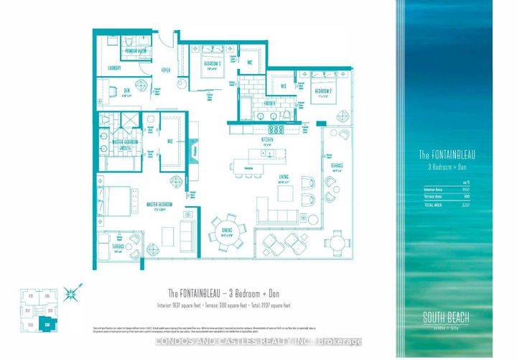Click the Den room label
(x=126, y=91)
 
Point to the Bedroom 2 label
(x=322, y=92)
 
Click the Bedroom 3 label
(x=211, y=65)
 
